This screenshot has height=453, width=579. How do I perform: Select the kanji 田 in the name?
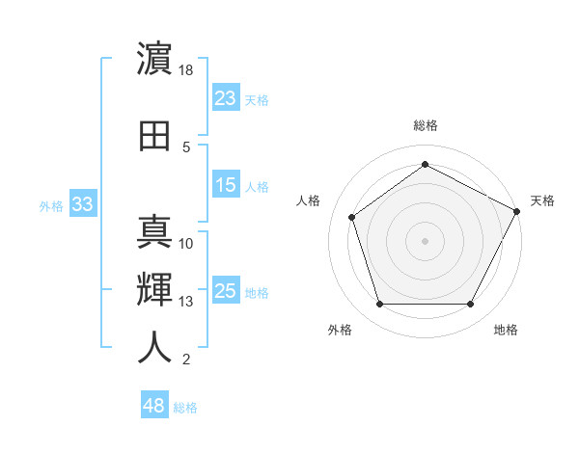pyautogui.click(x=155, y=136)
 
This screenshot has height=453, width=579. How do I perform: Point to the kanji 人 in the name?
pyautogui.click(x=155, y=348)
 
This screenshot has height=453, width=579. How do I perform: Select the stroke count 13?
pyautogui.click(x=186, y=302)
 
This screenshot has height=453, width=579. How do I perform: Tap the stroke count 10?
pyautogui.click(x=186, y=244)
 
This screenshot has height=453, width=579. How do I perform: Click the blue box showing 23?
pyautogui.click(x=226, y=98)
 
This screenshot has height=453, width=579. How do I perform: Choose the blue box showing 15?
pyautogui.click(x=226, y=185)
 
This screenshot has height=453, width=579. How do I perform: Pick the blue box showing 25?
pyautogui.click(x=226, y=291)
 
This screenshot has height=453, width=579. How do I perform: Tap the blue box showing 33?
pyautogui.click(x=83, y=204)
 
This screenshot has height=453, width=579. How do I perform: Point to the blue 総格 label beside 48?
pyautogui.click(x=185, y=408)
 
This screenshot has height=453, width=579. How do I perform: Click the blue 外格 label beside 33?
pyautogui.click(x=51, y=205)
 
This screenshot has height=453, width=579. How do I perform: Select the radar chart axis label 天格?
pyautogui.click(x=542, y=200)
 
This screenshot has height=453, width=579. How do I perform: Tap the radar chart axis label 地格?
pyautogui.click(x=506, y=330)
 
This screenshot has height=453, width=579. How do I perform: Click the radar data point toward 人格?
pyautogui.click(x=352, y=217)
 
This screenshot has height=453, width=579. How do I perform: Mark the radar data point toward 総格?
pyautogui.click(x=425, y=165)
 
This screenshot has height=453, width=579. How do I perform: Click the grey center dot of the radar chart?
pyautogui.click(x=425, y=240)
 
